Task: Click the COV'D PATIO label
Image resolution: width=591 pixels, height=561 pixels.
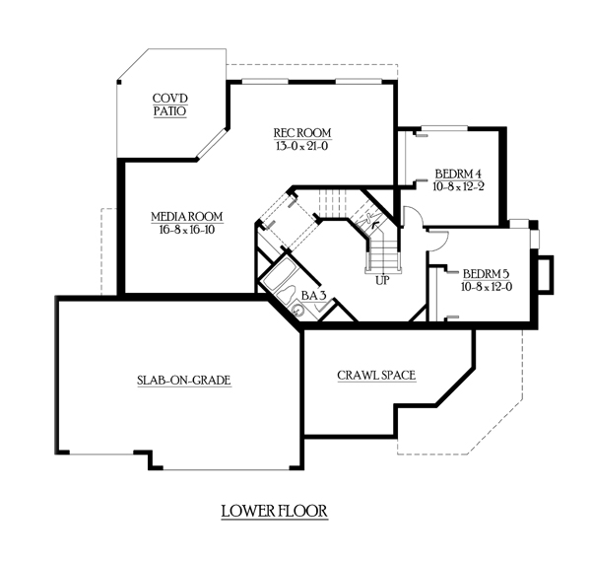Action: pos(170,105)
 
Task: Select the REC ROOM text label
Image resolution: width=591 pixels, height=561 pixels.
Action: pos(302,132)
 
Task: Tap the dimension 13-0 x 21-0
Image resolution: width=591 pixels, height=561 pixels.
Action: pos(302,146)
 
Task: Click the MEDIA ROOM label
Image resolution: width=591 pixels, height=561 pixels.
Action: pos(186,216)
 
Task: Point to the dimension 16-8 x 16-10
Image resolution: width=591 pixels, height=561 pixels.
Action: pos(186,230)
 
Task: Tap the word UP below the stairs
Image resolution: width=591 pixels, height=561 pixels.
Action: pos(384,280)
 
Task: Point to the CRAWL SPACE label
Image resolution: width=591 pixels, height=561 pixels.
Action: pos(375,375)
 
